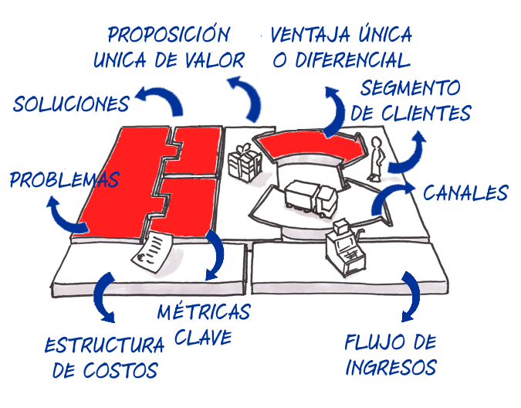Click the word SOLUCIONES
pos(72,103)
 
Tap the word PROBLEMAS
pos(64,180)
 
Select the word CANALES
pos(465,192)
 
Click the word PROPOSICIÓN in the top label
pos(168,35)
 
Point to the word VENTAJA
pos(306,35)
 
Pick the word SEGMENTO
pos(410,87)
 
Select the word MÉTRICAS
pos(203,312)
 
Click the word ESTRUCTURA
pos(103,345)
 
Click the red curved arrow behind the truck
pos(309,146)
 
